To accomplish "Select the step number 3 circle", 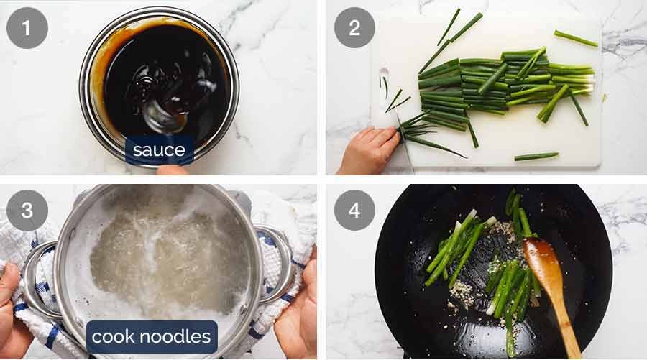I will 27,211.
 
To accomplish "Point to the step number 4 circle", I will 354,211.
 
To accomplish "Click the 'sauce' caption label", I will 159,150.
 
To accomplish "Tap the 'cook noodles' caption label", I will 152,336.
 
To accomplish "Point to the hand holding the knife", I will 367,151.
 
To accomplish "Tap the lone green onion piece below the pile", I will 536,156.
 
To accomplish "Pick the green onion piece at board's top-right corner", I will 575,38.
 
